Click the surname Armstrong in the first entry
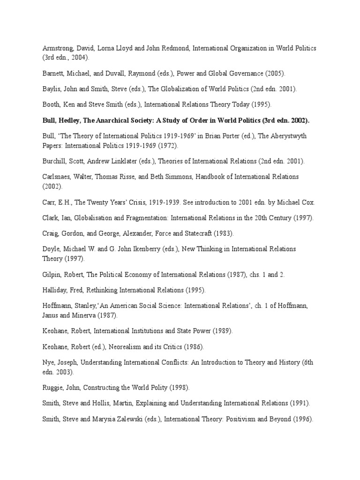point(55,48)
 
